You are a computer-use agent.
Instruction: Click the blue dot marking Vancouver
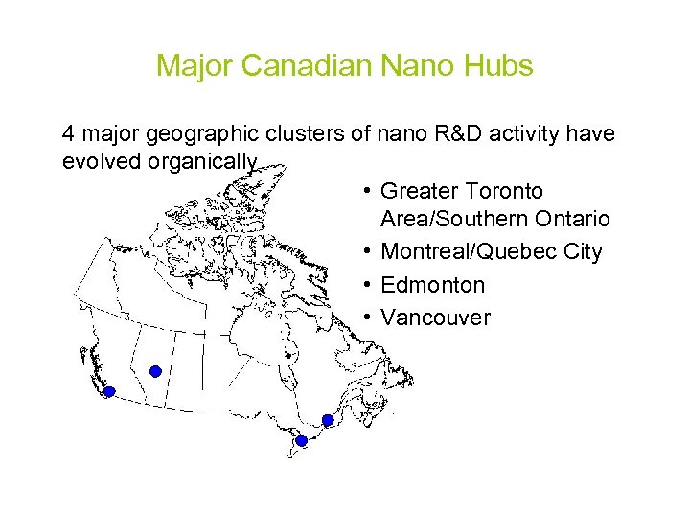(x=109, y=391)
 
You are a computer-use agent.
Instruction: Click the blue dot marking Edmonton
(x=155, y=371)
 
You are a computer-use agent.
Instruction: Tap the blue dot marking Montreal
(x=328, y=420)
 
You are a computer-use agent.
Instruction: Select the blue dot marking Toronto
(x=301, y=440)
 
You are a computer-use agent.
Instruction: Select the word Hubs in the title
(x=496, y=66)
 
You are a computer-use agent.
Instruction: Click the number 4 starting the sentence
(x=68, y=133)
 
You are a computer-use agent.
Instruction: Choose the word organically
(x=203, y=161)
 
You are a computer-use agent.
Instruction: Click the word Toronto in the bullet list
(x=501, y=192)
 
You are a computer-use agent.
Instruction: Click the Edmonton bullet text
(x=432, y=285)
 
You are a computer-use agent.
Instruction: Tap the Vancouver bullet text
(x=435, y=318)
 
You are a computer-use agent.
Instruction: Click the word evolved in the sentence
(x=102, y=161)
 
